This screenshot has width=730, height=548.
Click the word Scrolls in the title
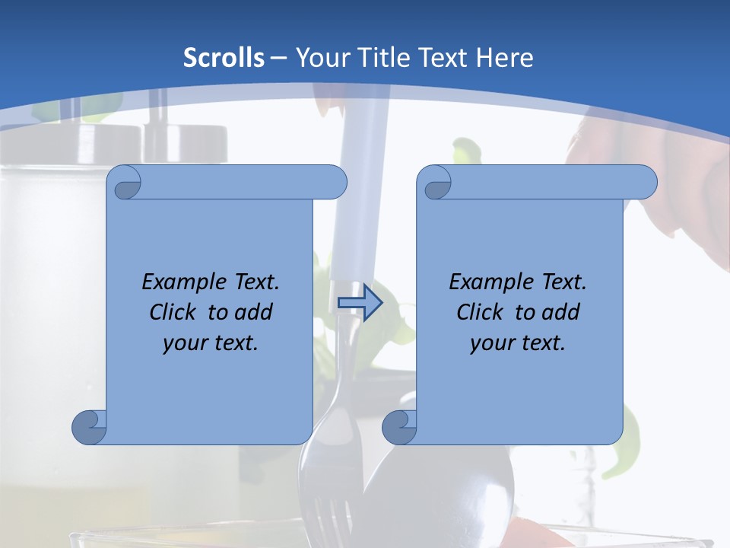[224, 58]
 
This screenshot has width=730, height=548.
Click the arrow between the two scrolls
[360, 304]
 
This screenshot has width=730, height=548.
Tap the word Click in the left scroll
[175, 312]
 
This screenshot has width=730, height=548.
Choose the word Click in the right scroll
[482, 312]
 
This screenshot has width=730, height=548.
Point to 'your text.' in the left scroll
[211, 342]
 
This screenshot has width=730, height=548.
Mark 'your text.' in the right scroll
[518, 342]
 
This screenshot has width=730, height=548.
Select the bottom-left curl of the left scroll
[88, 427]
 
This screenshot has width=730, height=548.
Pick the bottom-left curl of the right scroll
[398, 427]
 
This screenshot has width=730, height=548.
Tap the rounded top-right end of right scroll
[643, 182]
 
